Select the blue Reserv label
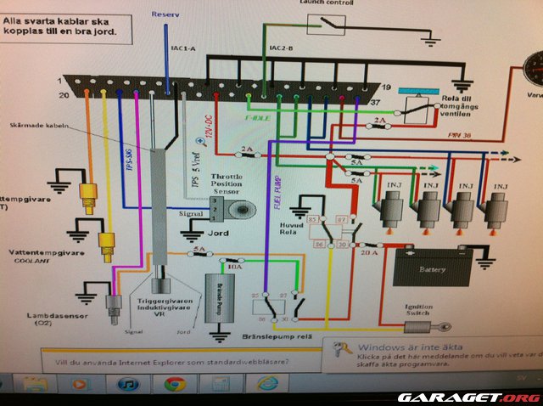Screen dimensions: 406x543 tap(165, 15)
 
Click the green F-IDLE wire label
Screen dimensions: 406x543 tap(258, 118)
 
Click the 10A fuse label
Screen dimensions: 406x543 tap(228, 265)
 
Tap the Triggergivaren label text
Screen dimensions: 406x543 tap(162, 302)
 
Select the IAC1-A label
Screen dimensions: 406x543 tap(183, 48)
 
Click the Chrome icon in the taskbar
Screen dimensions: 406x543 tap(176, 383)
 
